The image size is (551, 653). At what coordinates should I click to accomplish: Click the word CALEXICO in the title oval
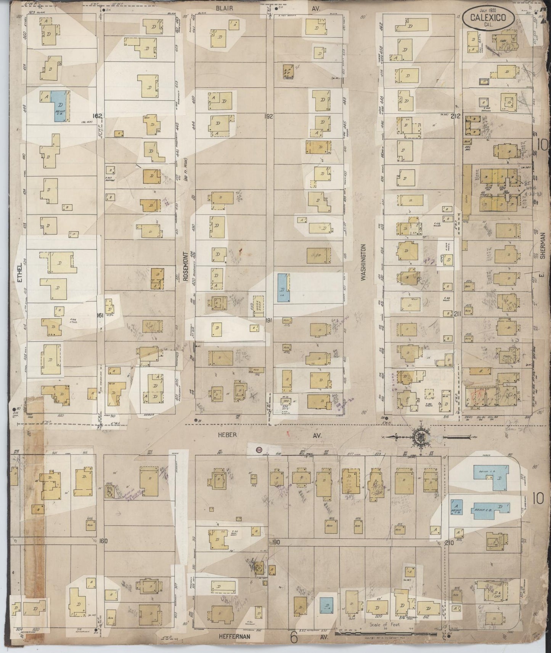[488, 17]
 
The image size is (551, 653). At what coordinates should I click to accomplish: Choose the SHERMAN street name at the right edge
[543, 246]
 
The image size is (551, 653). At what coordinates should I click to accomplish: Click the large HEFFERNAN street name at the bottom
[235, 636]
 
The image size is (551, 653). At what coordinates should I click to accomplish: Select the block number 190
[276, 542]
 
